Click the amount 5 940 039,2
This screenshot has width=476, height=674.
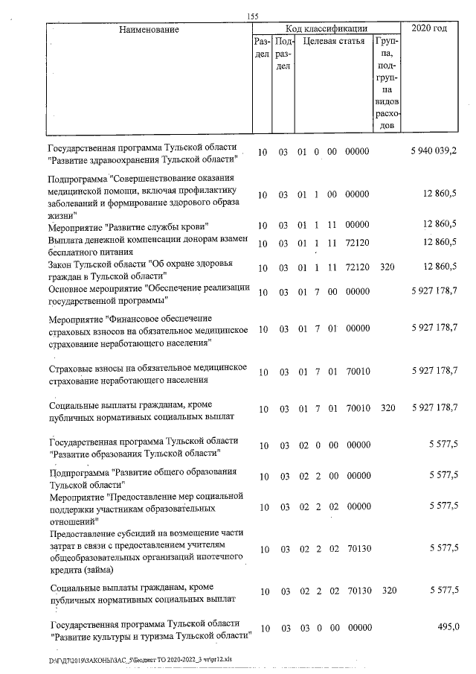434,152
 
